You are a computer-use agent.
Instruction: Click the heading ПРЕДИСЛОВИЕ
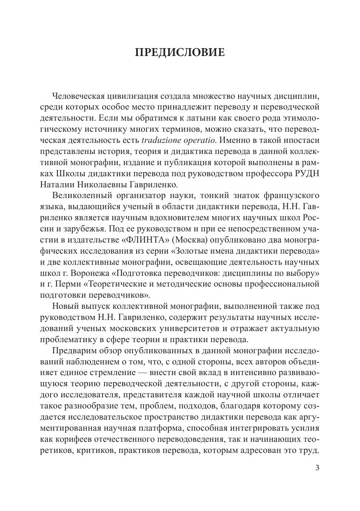pyautogui.click(x=180, y=53)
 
